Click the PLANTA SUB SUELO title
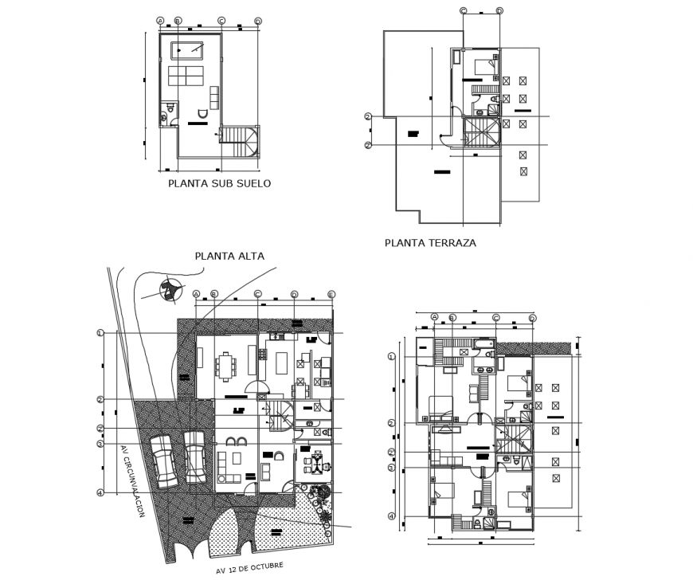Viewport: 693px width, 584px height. [x=219, y=183]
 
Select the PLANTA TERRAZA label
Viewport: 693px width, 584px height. [x=430, y=243]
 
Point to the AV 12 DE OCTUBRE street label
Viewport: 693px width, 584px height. [x=249, y=567]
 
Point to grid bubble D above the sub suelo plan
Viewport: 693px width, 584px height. [x=256, y=21]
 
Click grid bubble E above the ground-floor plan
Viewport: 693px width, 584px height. [x=331, y=294]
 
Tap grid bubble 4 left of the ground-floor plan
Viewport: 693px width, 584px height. [x=100, y=492]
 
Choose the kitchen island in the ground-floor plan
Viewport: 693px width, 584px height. [x=281, y=363]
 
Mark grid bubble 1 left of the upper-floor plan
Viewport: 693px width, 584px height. [x=391, y=356]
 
